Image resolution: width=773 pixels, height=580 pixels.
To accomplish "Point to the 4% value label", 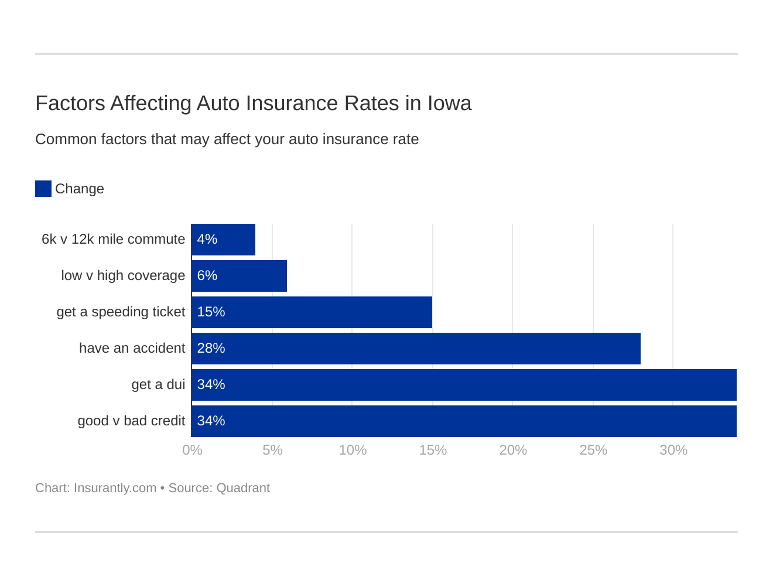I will click(207, 240).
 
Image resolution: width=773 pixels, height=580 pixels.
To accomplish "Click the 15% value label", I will click(211, 312).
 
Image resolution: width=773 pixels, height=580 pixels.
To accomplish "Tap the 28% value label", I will click(211, 349).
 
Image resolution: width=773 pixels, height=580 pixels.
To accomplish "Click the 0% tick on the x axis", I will click(192, 450).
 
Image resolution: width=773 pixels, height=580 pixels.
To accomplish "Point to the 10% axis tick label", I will click(353, 450).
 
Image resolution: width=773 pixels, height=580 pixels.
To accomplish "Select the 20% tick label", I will click(513, 450).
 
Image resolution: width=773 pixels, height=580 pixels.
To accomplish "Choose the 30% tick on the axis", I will click(673, 450).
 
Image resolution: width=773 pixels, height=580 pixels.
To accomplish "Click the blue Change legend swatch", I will click(43, 189).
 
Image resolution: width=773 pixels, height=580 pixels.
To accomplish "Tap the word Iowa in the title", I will click(449, 104).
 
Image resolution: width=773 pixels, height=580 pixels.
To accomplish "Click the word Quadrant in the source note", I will click(243, 488).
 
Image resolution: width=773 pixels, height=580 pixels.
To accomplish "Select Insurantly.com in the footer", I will click(115, 488).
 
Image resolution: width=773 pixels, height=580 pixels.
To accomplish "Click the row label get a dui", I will click(158, 385).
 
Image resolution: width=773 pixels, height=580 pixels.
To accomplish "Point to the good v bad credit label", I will click(131, 421).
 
